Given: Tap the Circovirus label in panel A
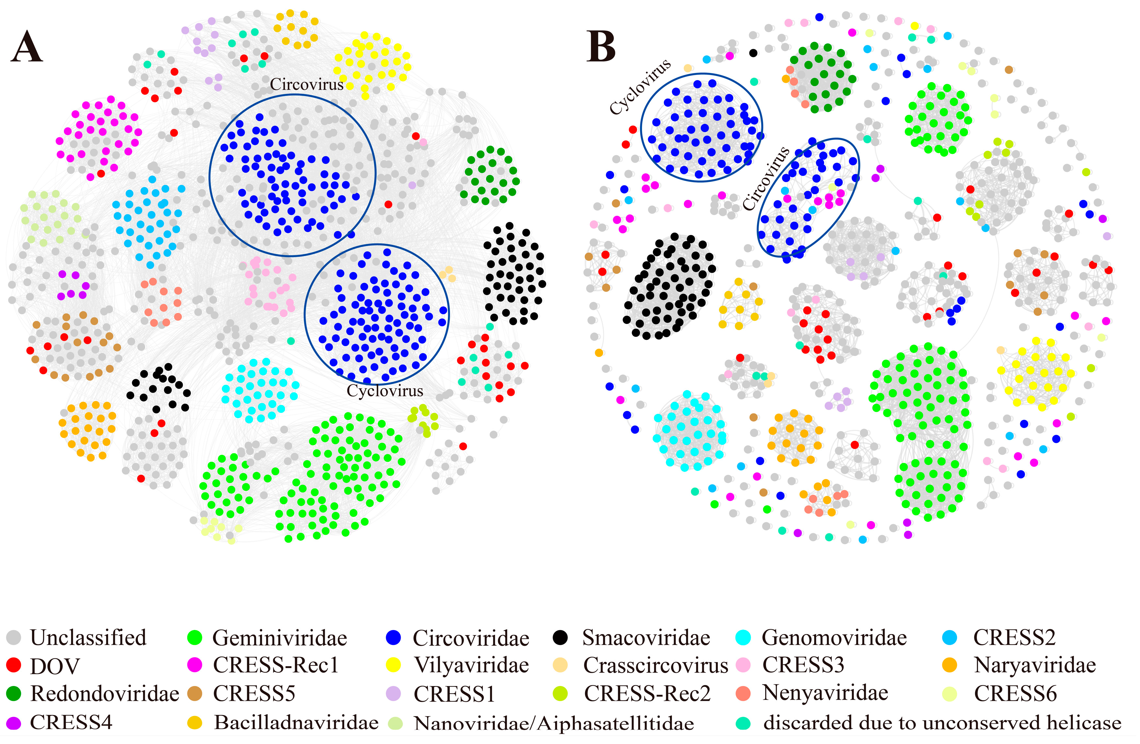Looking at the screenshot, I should click(306, 84).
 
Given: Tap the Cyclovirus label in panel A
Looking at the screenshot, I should click(385, 391).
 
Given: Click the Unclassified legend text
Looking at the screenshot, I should click(88, 637).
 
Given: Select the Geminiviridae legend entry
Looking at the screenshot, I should click(279, 637).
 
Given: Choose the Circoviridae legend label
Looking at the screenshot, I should click(471, 637).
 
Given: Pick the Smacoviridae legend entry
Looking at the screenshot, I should click(646, 637).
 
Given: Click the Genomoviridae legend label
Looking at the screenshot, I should click(834, 637).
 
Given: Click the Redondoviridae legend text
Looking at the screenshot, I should click(105, 694).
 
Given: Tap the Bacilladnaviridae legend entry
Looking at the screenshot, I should click(296, 722).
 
